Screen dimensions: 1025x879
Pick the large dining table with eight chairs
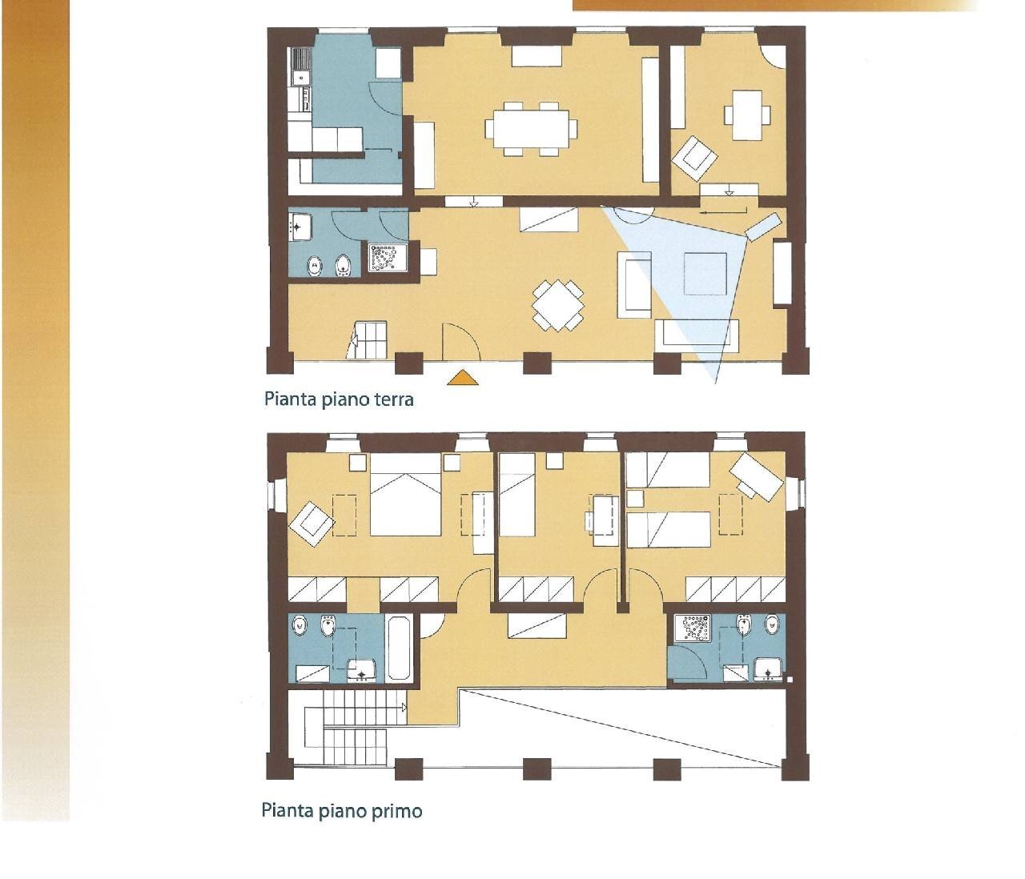(x=531, y=128)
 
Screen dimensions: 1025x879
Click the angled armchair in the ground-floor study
(x=695, y=158)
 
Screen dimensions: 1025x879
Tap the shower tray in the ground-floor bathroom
(x=388, y=257)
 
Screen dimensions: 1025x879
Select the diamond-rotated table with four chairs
(x=558, y=305)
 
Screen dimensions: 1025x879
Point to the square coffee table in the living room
(x=705, y=274)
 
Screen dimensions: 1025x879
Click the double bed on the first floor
(x=405, y=496)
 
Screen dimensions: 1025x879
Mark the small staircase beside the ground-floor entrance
(x=367, y=339)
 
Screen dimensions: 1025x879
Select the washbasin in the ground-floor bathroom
(x=300, y=226)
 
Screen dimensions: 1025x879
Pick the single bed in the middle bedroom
(x=517, y=496)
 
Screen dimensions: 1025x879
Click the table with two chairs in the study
(x=747, y=115)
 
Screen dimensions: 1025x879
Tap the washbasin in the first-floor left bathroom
(x=361, y=671)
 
